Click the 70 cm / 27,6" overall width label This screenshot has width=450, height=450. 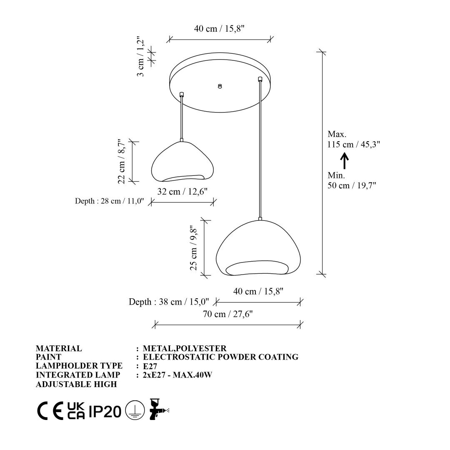[x=228, y=314]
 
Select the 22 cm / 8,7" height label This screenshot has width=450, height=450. [x=121, y=161]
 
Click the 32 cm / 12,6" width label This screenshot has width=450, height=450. [x=182, y=191]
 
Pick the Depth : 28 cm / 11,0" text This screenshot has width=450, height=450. [x=109, y=201]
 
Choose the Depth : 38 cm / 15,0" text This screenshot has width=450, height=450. [x=169, y=302]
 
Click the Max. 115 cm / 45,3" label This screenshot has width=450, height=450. [x=354, y=139]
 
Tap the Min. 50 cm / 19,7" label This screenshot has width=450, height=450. [x=352, y=180]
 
